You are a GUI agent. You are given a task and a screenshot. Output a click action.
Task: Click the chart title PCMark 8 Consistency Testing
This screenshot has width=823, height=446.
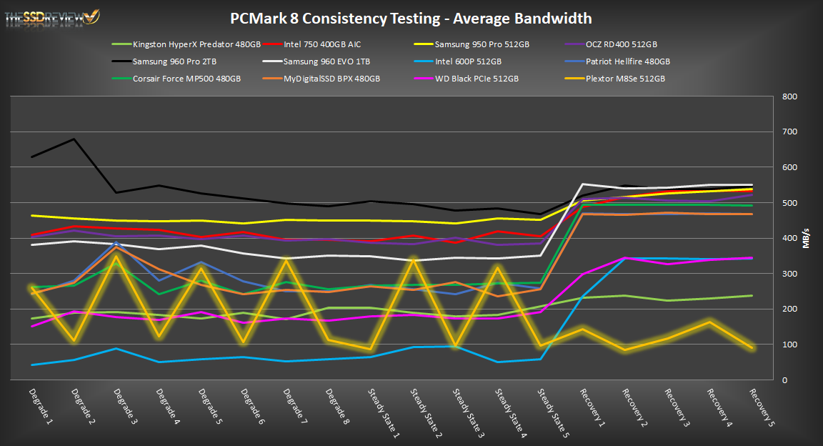coord(411,19)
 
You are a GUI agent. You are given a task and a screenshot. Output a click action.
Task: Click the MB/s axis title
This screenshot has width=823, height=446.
coord(806,238)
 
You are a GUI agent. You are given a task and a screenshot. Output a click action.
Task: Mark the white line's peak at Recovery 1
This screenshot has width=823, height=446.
coord(583,184)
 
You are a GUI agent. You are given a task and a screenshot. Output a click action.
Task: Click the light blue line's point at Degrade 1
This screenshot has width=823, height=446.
coord(32,365)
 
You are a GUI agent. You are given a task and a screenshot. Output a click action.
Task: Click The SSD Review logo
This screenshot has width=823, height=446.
coord(52,18)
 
